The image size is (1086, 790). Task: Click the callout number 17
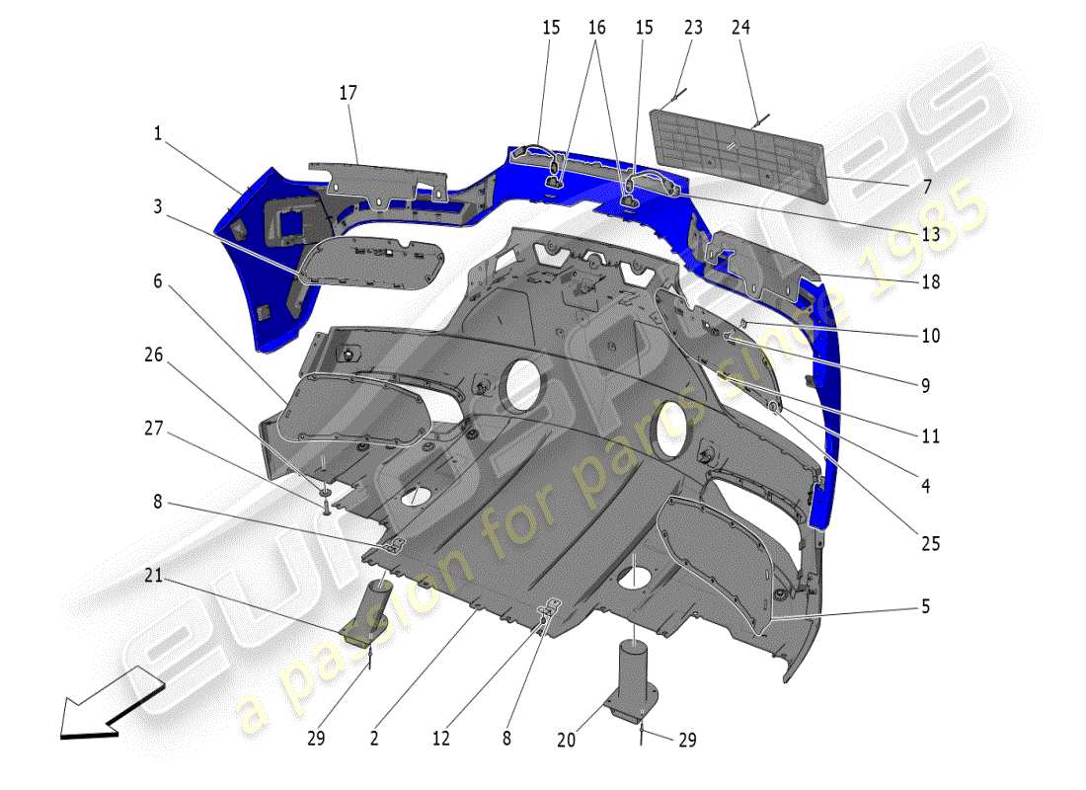pyautogui.click(x=348, y=93)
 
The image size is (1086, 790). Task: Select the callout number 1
pyautogui.click(x=157, y=132)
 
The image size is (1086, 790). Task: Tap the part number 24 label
pyautogui.click(x=740, y=28)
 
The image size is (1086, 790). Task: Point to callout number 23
pyautogui.click(x=693, y=28)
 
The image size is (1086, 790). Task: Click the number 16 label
pyautogui.click(x=596, y=28)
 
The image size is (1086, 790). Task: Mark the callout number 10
pyautogui.click(x=930, y=336)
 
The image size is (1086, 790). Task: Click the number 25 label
pyautogui.click(x=930, y=544)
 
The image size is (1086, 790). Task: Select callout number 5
pyautogui.click(x=925, y=606)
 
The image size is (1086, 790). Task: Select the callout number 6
pyautogui.click(x=157, y=281)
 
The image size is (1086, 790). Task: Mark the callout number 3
pyautogui.click(x=157, y=206)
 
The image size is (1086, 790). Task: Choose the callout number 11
pyautogui.click(x=930, y=436)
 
